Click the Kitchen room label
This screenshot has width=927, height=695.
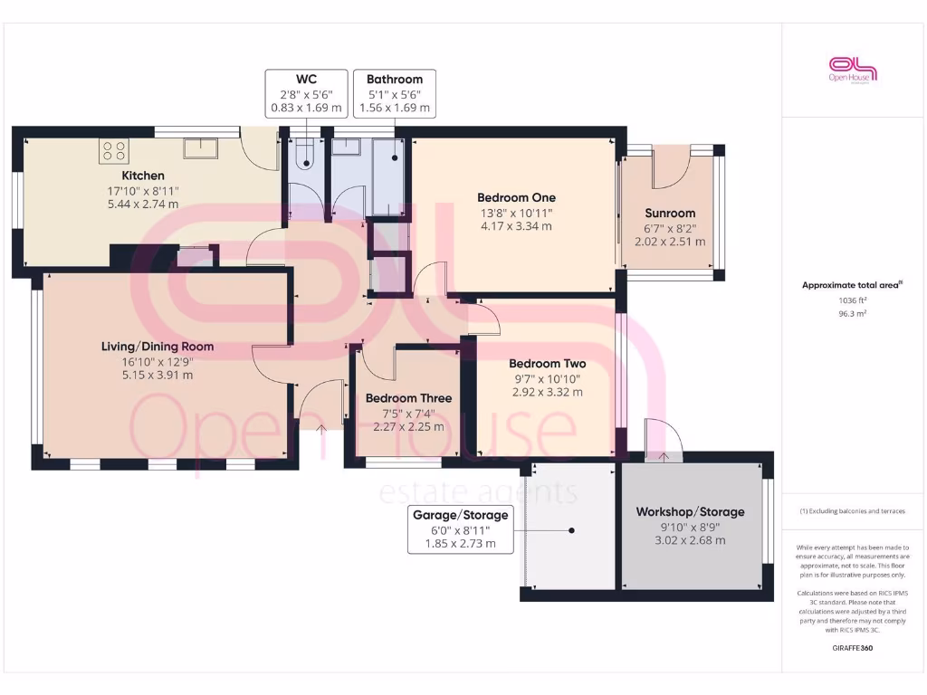(x=143, y=176)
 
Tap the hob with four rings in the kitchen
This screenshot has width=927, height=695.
(x=115, y=149)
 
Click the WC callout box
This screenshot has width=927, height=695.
(x=306, y=94)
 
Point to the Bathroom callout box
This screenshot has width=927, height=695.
(x=395, y=94)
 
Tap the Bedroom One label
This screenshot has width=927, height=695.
(x=516, y=197)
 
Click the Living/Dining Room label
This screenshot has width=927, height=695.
(x=158, y=346)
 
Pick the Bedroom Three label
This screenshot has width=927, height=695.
(x=408, y=398)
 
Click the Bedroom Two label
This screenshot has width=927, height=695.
(x=541, y=364)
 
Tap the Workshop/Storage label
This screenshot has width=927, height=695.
(x=690, y=512)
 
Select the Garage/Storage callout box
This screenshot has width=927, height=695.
(x=461, y=529)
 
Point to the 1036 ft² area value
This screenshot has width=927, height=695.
(x=854, y=300)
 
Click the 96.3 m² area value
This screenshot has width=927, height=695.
(x=854, y=314)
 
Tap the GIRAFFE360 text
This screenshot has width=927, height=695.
(x=854, y=648)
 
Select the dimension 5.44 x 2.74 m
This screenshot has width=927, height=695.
(x=143, y=204)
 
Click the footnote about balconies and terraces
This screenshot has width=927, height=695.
(x=854, y=511)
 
